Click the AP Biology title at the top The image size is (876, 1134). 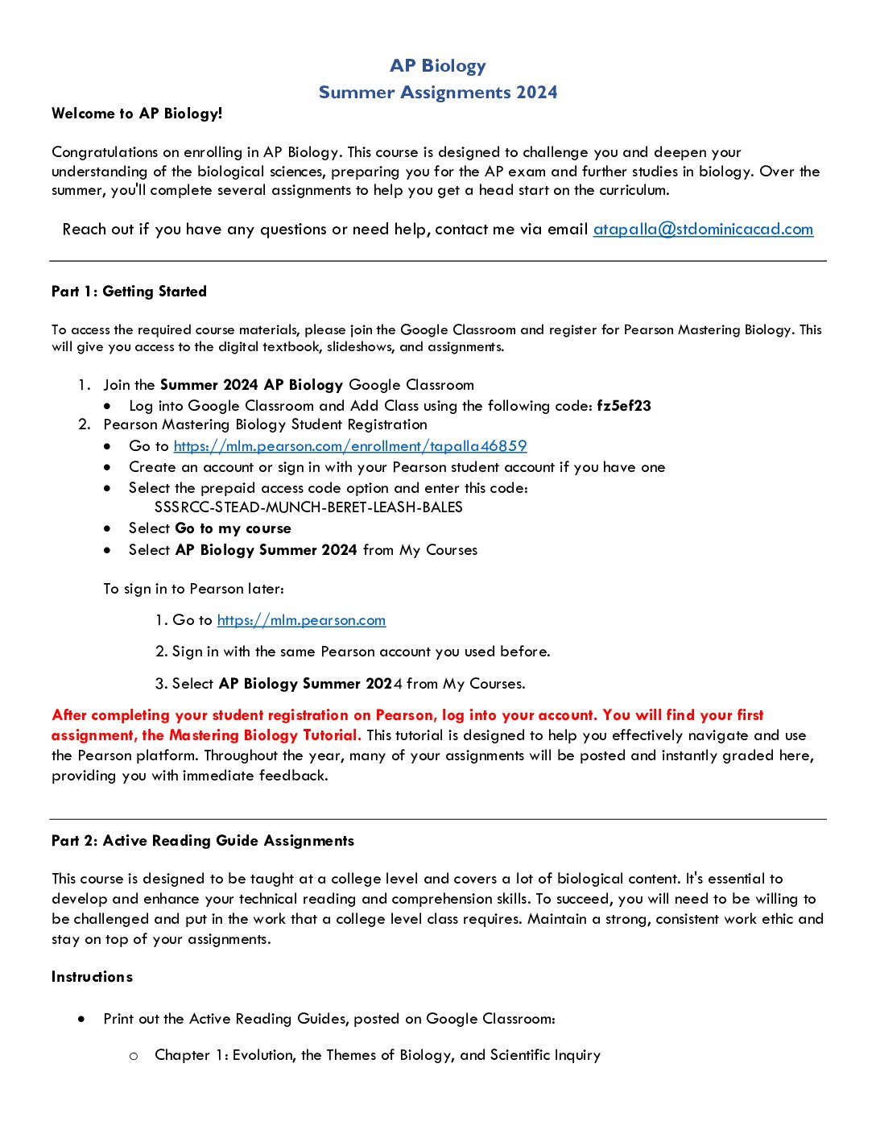pyautogui.click(x=438, y=66)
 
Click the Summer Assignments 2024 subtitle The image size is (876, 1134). pyautogui.click(x=438, y=93)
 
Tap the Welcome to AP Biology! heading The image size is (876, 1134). pyautogui.click(x=137, y=114)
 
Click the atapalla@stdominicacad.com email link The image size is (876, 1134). pyautogui.click(x=703, y=230)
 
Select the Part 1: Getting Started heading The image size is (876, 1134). pyautogui.click(x=129, y=292)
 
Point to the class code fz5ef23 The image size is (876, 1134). pyautogui.click(x=624, y=406)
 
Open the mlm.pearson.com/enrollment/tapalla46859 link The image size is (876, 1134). pyautogui.click(x=350, y=446)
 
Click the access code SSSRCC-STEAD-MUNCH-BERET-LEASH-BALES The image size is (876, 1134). pyautogui.click(x=308, y=507)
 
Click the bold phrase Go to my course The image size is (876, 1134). pyautogui.click(x=233, y=529)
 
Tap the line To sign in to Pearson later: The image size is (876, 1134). pyautogui.click(x=193, y=589)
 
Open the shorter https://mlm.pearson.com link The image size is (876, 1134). pyautogui.click(x=301, y=620)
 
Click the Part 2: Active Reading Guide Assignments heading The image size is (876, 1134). pyautogui.click(x=203, y=841)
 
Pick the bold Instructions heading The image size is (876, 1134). pyautogui.click(x=92, y=977)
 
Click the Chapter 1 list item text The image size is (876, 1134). pyautogui.click(x=378, y=1055)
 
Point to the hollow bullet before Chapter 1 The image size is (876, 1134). pyautogui.click(x=134, y=1055)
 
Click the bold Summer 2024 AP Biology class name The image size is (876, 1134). pyautogui.click(x=252, y=385)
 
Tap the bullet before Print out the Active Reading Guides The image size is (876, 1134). pyautogui.click(x=82, y=1019)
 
